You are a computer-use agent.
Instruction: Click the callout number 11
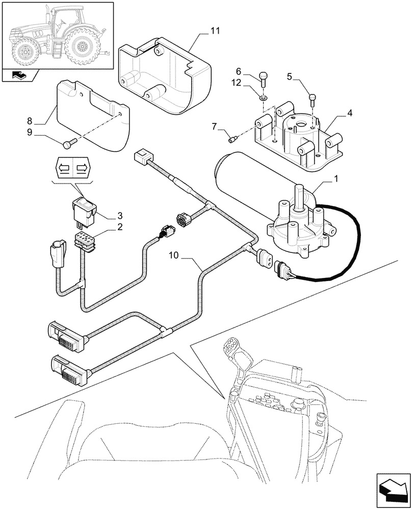tap(215, 32)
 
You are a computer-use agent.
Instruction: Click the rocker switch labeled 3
tap(85, 208)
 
